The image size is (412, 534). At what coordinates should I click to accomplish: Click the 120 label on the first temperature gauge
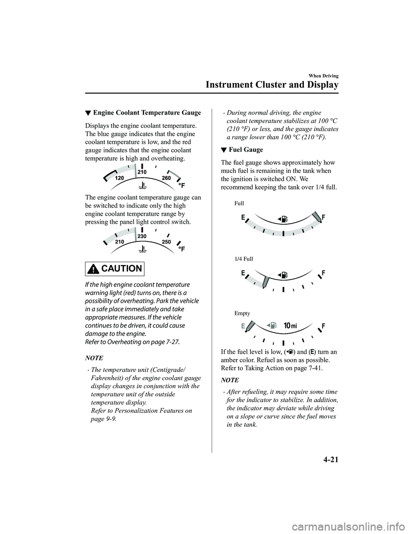(119, 178)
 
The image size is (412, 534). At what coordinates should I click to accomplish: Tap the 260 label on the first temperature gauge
(167, 178)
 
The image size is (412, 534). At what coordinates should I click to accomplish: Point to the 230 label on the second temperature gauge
(142, 236)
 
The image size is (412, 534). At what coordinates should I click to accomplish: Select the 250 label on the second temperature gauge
(167, 242)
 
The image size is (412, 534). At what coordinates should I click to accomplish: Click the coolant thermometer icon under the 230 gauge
(142, 248)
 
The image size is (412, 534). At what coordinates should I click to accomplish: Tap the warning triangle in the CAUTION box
(94, 269)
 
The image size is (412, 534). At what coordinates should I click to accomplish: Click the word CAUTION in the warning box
(122, 269)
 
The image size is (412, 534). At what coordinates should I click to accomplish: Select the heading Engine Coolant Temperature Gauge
(147, 113)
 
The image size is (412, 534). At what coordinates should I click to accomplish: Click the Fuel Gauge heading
(246, 150)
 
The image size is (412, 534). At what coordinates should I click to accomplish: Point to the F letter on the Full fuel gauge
(324, 217)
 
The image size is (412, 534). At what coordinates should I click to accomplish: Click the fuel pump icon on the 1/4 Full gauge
(282, 275)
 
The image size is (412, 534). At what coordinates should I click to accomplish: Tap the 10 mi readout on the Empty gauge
(290, 326)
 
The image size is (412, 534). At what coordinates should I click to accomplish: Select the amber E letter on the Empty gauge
(243, 326)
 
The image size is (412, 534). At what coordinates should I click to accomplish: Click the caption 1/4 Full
(244, 259)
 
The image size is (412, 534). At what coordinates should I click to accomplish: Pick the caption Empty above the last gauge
(242, 313)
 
